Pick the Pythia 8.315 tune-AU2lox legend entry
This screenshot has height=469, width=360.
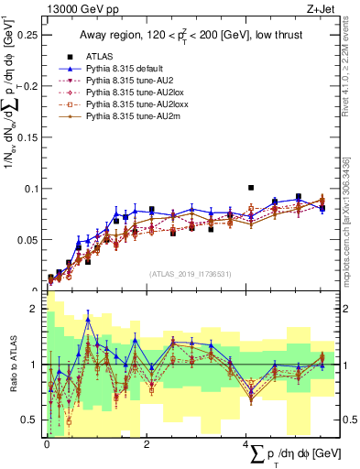[126, 93]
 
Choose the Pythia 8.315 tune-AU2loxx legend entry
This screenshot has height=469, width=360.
[128, 105]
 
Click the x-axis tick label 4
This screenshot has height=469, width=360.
[246, 443]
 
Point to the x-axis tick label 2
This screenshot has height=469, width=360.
[147, 443]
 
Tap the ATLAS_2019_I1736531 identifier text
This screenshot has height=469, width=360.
[189, 272]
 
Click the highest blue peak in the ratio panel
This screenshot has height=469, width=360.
[88, 318]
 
